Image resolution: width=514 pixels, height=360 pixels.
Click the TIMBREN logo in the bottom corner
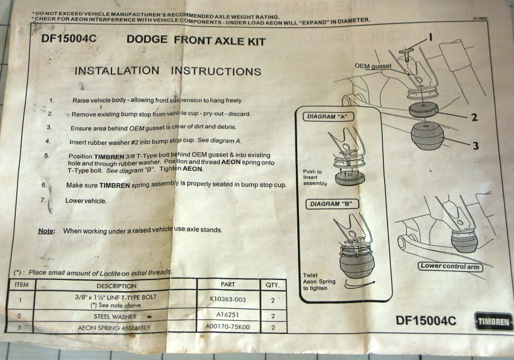point(493,321)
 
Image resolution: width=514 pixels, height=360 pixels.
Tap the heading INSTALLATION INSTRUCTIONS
point(168,71)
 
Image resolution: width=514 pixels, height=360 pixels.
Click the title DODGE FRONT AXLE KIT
point(196,41)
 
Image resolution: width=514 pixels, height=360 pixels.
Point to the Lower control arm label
point(450,266)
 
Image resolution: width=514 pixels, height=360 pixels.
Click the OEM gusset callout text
point(373,65)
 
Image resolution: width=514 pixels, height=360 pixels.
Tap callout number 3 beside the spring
point(475,146)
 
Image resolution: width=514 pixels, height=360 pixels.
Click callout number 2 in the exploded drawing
point(474,118)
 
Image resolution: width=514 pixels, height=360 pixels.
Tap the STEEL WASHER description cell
point(116,316)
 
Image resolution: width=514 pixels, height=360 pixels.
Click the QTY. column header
point(273,285)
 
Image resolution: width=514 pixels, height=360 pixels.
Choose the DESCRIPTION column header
point(116,286)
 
